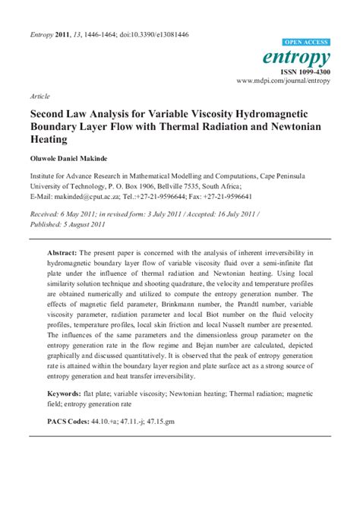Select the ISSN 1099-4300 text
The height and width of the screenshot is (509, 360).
coord(305,71)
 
